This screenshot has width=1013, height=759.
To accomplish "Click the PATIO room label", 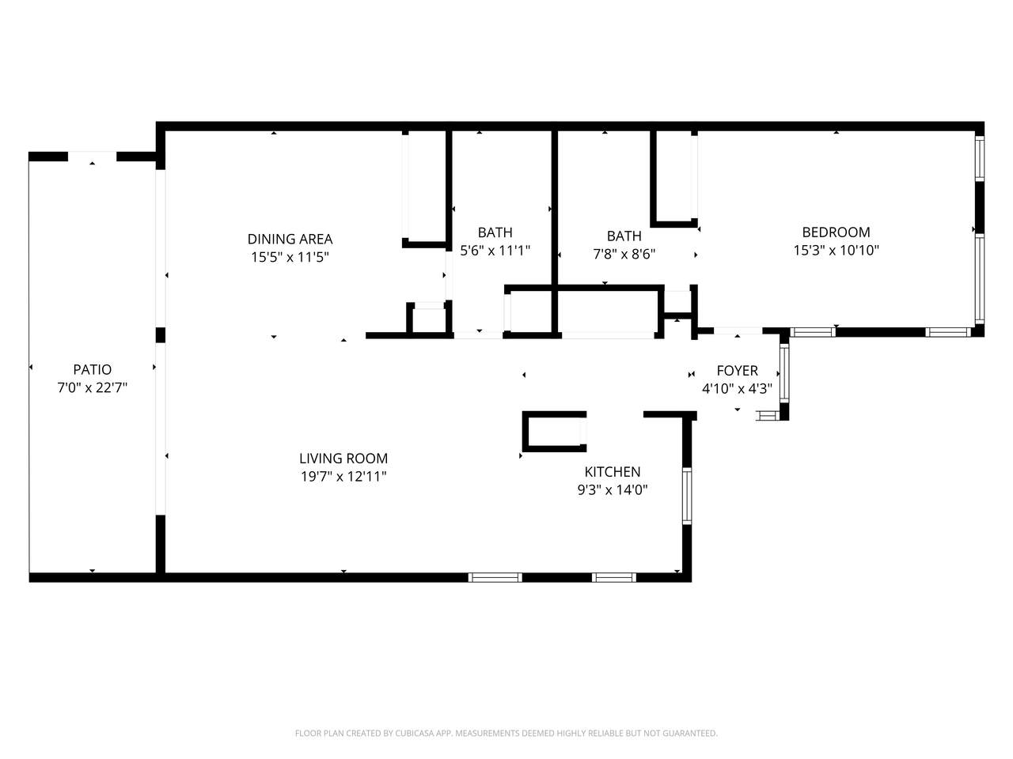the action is (93, 369).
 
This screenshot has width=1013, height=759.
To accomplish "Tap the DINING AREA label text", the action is (290, 239).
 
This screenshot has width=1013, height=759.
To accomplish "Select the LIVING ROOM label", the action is (343, 458).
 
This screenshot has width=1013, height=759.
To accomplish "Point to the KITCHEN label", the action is (613, 471).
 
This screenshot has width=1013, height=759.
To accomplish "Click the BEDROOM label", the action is (836, 232).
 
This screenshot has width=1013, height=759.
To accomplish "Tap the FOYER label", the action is (737, 371).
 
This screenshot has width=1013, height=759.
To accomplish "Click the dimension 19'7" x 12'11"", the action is (343, 476).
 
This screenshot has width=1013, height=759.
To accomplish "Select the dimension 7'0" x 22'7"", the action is (93, 387).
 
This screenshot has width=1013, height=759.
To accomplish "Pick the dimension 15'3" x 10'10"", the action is (836, 250).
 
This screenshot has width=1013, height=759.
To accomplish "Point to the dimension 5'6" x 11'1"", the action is (495, 251).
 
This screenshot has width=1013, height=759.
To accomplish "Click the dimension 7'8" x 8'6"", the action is (624, 254).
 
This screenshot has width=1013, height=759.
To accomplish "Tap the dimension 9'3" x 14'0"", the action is (613, 489).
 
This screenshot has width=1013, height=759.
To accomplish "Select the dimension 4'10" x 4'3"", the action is (737, 388).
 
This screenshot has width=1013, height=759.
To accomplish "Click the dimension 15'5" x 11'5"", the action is (290, 257).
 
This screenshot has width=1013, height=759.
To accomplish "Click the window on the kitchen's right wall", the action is (687, 496).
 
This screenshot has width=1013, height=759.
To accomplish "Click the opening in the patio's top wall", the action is (92, 157).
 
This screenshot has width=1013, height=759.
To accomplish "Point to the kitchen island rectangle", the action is (554, 432).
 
